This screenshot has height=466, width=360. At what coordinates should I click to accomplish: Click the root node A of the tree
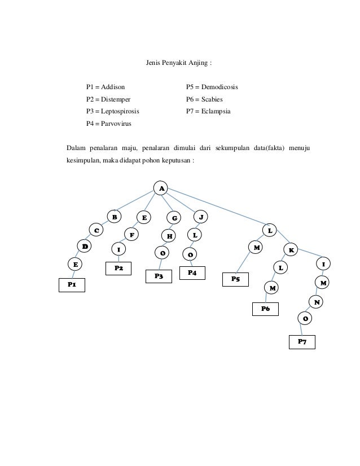point(161,188)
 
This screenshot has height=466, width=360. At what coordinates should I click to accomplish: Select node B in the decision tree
point(115,216)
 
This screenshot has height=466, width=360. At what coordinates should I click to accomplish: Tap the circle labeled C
point(96,230)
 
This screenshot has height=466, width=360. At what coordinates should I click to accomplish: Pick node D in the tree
point(85,247)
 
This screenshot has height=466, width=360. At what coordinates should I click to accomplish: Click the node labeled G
point(174,218)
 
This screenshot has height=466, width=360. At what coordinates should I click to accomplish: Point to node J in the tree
point(201,216)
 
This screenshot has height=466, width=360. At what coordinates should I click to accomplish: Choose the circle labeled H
point(169,236)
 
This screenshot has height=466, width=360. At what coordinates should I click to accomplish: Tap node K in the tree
point(292,249)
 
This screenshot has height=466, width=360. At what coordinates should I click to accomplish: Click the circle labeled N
point(317,302)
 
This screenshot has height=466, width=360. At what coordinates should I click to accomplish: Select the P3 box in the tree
point(159,276)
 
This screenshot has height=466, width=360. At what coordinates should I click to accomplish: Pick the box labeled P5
point(235,279)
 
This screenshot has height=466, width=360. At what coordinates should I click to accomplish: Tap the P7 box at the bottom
point(302,342)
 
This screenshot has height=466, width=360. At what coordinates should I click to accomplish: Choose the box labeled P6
point(265,309)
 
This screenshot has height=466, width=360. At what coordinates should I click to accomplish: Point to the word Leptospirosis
point(120,111)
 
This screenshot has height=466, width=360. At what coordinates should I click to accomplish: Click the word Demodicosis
point(220,87)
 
